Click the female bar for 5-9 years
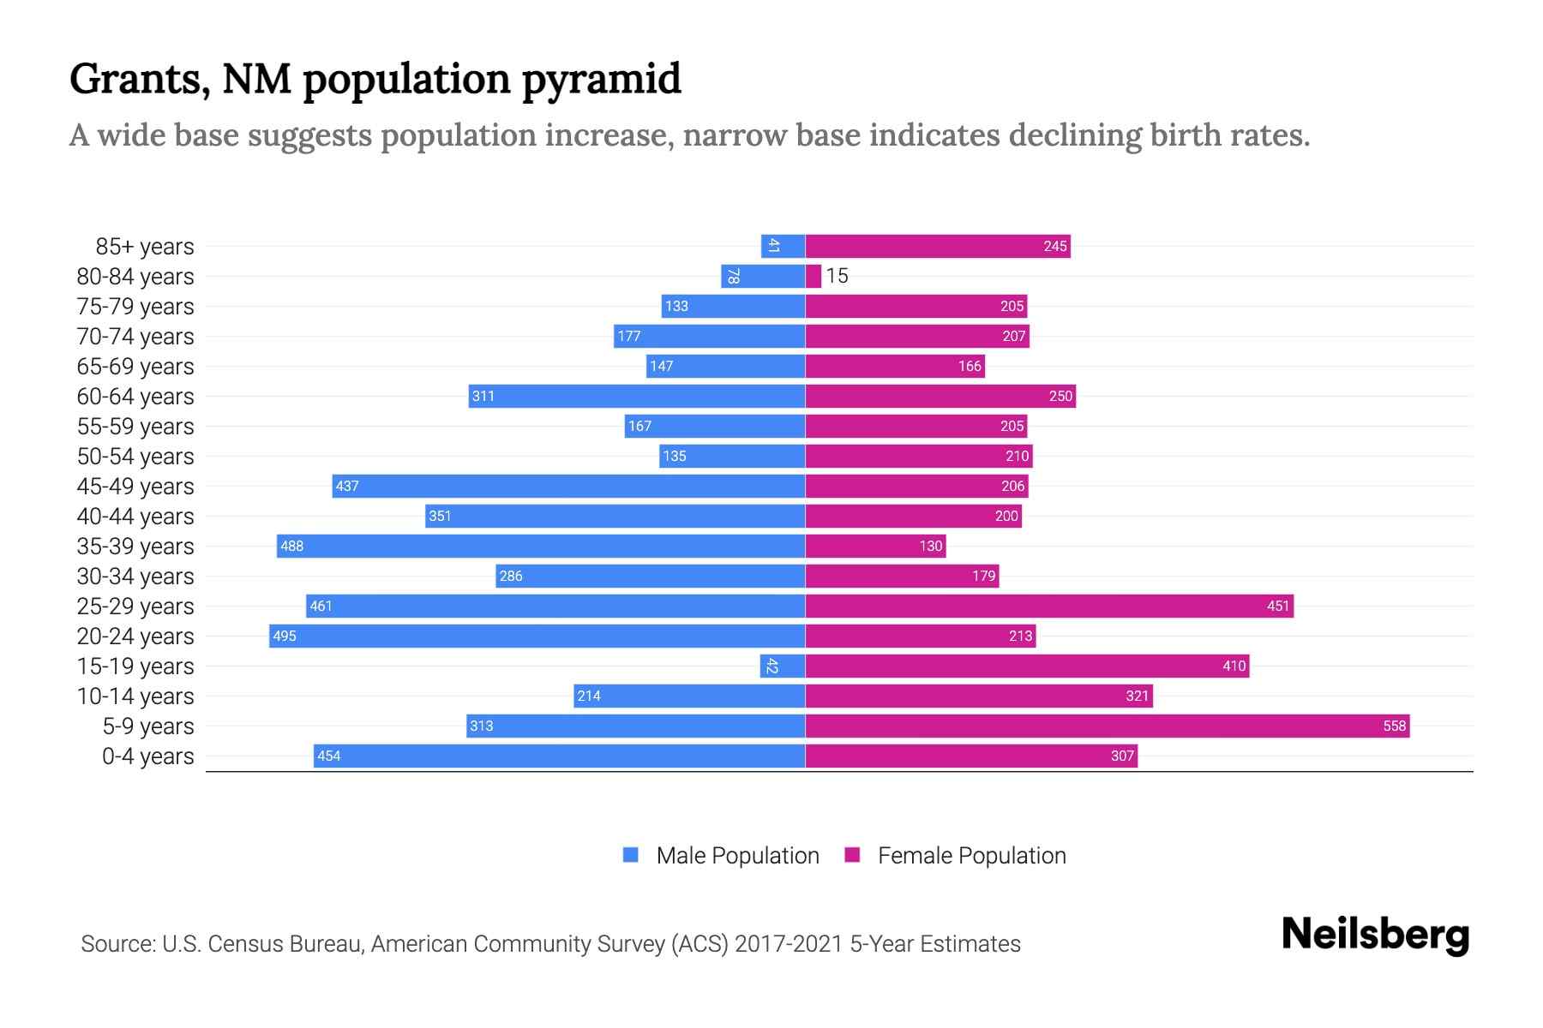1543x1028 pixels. tap(1106, 726)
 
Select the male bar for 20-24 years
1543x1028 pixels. tap(537, 636)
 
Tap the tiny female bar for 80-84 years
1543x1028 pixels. tap(813, 276)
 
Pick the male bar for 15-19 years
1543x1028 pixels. tap(782, 666)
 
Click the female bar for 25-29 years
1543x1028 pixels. tap(1048, 606)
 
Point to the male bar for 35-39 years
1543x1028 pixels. tap(540, 546)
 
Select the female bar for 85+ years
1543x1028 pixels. tap(937, 246)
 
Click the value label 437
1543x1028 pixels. tap(347, 486)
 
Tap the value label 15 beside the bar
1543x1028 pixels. tap(837, 276)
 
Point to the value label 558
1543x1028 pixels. tap(1394, 726)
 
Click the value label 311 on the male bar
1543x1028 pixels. tap(483, 396)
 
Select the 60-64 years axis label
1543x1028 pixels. tap(135, 397)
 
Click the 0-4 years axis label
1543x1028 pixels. tap(147, 756)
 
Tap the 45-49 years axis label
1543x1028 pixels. tap(135, 487)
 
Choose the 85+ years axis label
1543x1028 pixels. tap(145, 247)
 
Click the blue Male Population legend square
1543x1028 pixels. tap(631, 855)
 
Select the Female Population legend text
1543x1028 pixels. tap(971, 855)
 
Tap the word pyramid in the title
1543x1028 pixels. tap(601, 79)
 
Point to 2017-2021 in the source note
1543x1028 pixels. tap(788, 944)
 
